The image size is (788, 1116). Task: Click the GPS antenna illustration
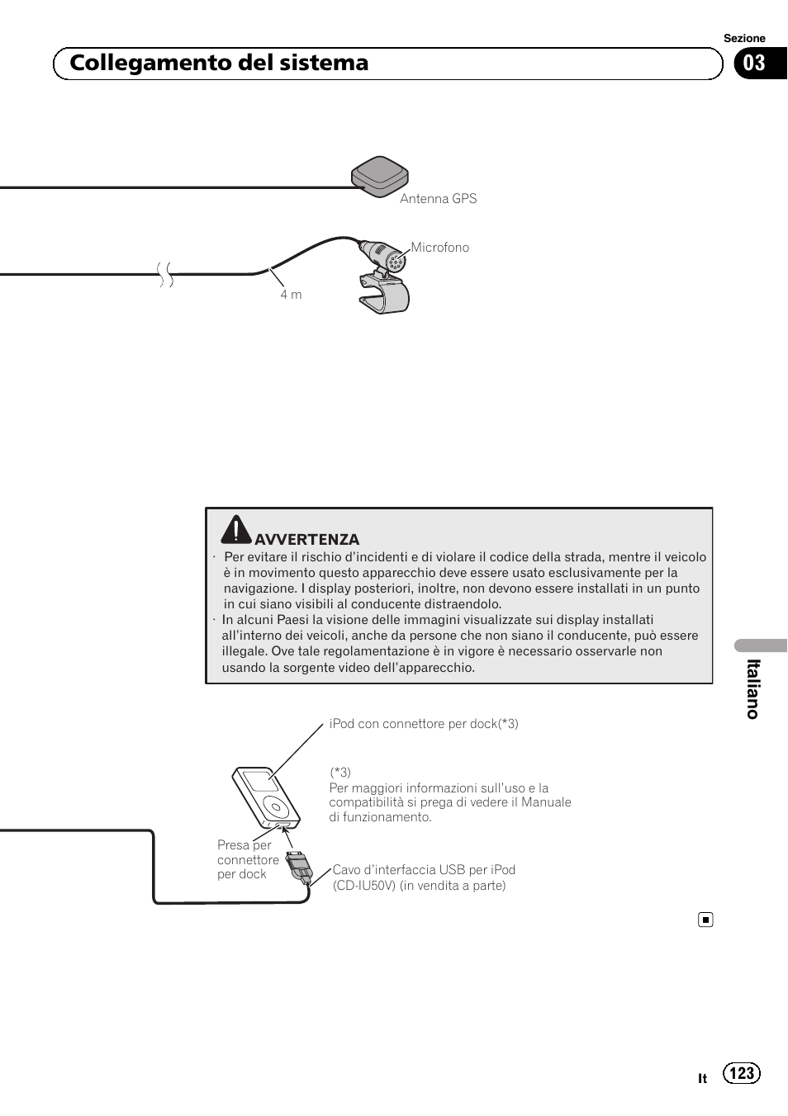tap(380, 174)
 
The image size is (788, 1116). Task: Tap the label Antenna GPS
tap(438, 199)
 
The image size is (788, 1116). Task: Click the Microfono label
tap(440, 248)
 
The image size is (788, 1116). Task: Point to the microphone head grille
tap(396, 262)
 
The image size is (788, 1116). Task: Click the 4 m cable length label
tap(291, 295)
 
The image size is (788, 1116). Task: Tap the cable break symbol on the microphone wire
tap(166, 273)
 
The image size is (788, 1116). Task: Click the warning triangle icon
tap(235, 530)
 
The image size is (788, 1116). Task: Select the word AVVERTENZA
tap(306, 540)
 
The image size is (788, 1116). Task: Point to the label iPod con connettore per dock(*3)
tap(424, 724)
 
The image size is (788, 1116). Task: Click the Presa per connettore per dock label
tap(247, 859)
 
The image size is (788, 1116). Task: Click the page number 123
tap(742, 1072)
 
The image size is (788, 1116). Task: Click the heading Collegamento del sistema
tap(219, 64)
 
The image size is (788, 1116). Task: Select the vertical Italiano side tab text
tap(752, 688)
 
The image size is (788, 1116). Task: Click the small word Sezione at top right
tap(744, 38)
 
